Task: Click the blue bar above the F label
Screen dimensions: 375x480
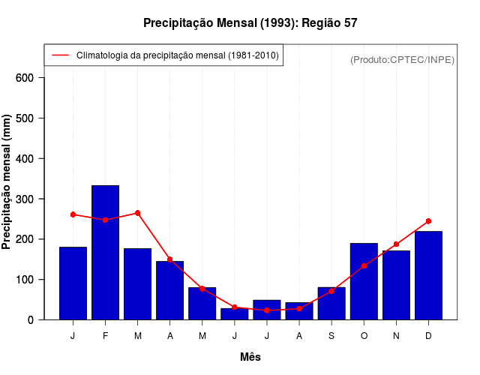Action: [105, 252]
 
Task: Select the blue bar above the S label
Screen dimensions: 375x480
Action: [331, 303]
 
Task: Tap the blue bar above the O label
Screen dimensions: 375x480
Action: [364, 281]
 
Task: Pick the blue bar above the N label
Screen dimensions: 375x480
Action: [396, 285]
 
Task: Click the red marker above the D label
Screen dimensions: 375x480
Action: [428, 221]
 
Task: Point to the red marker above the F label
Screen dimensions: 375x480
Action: [105, 220]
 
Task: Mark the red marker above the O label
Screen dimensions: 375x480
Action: [364, 265]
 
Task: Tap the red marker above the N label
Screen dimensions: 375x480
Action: [396, 244]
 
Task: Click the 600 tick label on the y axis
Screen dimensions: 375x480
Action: [25, 78]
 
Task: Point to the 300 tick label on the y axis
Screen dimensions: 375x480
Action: [25, 199]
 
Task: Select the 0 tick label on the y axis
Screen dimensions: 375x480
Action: [31, 319]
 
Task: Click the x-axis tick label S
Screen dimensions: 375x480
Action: [331, 336]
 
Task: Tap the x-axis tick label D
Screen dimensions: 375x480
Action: [428, 336]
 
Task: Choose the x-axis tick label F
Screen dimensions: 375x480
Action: [105, 336]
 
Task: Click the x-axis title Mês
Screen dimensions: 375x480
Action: [250, 357]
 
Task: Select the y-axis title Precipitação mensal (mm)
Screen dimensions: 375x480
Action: [7, 182]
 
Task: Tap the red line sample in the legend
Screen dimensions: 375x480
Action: [60, 55]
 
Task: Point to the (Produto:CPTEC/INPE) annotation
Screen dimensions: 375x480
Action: [403, 59]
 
